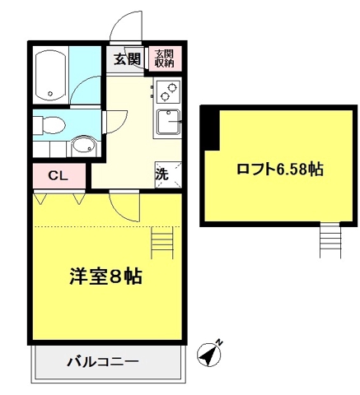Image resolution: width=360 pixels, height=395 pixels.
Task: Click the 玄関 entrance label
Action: pos(127,59)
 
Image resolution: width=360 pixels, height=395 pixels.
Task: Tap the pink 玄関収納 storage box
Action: pos(165,58)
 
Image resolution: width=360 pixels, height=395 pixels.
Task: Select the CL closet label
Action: pos(58,175)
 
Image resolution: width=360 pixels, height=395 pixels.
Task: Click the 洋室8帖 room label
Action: pos(105,276)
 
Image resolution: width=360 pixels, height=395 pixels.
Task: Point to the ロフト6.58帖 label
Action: pos(280,170)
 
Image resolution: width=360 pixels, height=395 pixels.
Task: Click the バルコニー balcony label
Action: pos(103,362)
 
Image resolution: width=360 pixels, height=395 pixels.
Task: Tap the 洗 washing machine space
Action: pos(168,174)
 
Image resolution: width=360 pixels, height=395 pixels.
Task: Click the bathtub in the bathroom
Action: pos(51,76)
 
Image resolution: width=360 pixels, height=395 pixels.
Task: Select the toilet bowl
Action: pos(49,126)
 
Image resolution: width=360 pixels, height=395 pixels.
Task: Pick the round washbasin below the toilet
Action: pos(83,146)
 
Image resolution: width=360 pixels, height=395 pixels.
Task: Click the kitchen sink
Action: pos(169,123)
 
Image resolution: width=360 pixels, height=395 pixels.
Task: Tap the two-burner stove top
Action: pos(168,91)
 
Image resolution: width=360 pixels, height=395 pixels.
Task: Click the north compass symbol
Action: pos(209,354)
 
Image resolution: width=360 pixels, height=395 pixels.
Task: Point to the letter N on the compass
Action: pos(219,342)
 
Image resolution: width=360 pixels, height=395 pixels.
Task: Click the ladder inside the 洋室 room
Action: pos(162,242)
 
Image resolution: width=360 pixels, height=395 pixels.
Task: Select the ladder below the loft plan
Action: pos(330,240)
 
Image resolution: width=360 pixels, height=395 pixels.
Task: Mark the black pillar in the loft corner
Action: pos(211,129)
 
